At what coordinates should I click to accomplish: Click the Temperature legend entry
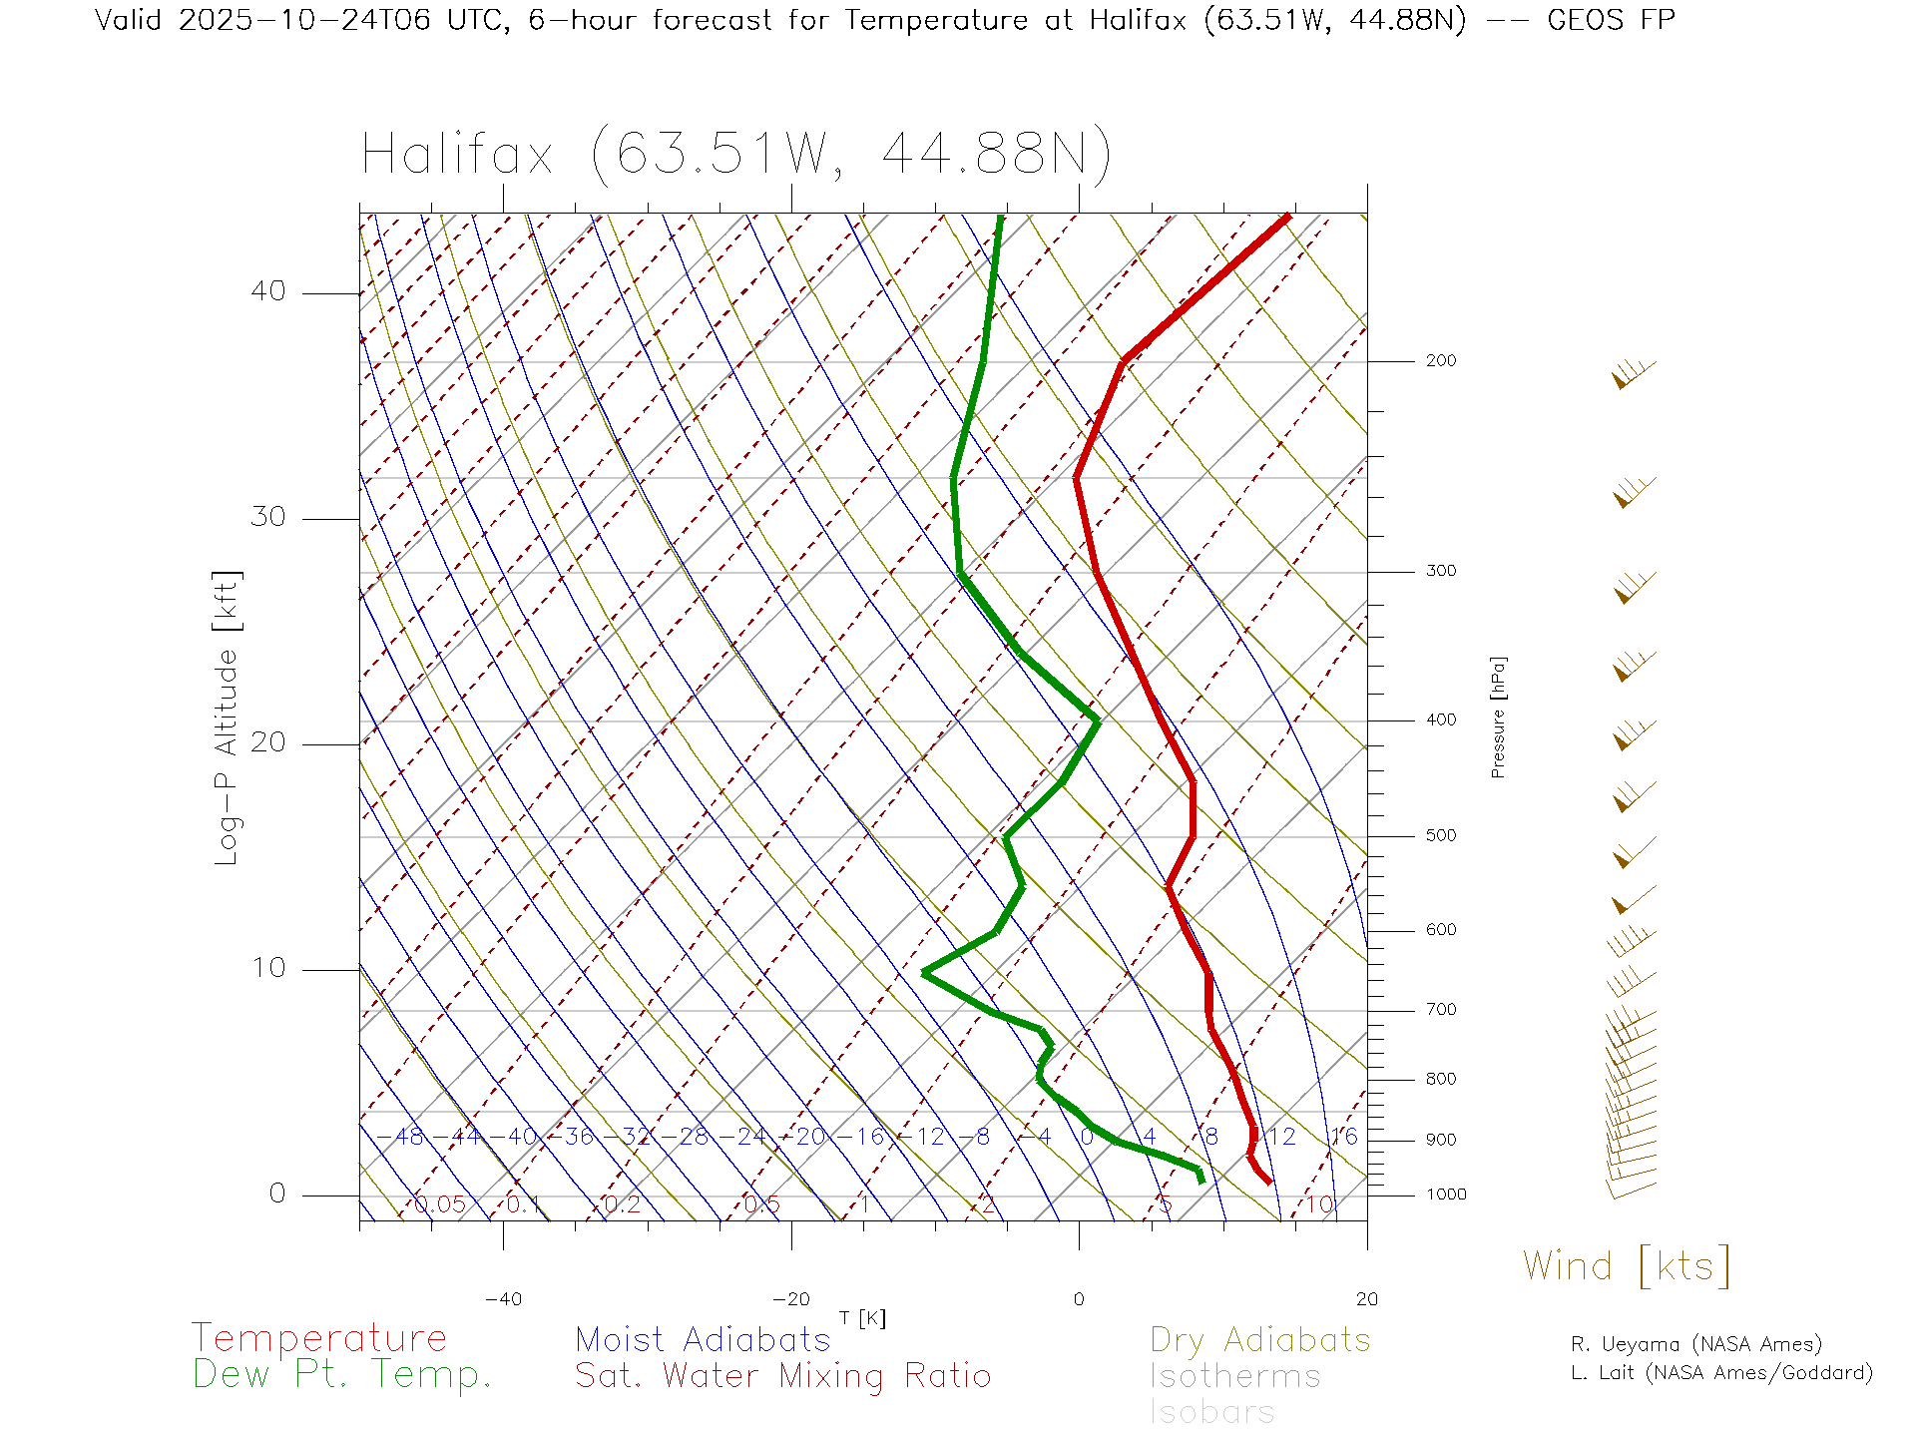coord(319,1337)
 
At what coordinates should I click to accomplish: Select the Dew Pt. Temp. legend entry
coord(342,1375)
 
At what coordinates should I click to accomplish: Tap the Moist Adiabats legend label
coord(703,1339)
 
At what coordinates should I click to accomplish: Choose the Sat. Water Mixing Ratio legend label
coord(782,1376)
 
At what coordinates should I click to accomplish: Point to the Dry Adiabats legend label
coord(1259,1339)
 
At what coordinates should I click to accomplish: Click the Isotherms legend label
coord(1234,1376)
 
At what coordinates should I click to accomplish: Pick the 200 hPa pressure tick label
coord(1440,361)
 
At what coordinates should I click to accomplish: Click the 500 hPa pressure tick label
coord(1440,836)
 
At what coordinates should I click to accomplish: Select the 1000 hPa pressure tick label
coord(1445,1195)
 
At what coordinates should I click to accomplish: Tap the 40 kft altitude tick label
coord(267,291)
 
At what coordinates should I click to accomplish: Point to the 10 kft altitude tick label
coord(267,968)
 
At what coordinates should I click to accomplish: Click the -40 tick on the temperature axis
coord(503,1299)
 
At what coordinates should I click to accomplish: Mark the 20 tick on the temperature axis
coord(1366,1299)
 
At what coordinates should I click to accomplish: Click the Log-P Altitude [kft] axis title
coord(228,718)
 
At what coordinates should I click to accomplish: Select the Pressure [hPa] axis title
coord(1498,718)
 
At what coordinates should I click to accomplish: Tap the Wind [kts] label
coord(1627,1266)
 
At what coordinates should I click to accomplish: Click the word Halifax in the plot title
coord(457,156)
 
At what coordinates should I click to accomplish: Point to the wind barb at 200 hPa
coord(1633,375)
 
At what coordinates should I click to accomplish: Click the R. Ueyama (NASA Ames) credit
coord(1695,1344)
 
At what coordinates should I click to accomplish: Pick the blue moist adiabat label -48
coord(402,1137)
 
